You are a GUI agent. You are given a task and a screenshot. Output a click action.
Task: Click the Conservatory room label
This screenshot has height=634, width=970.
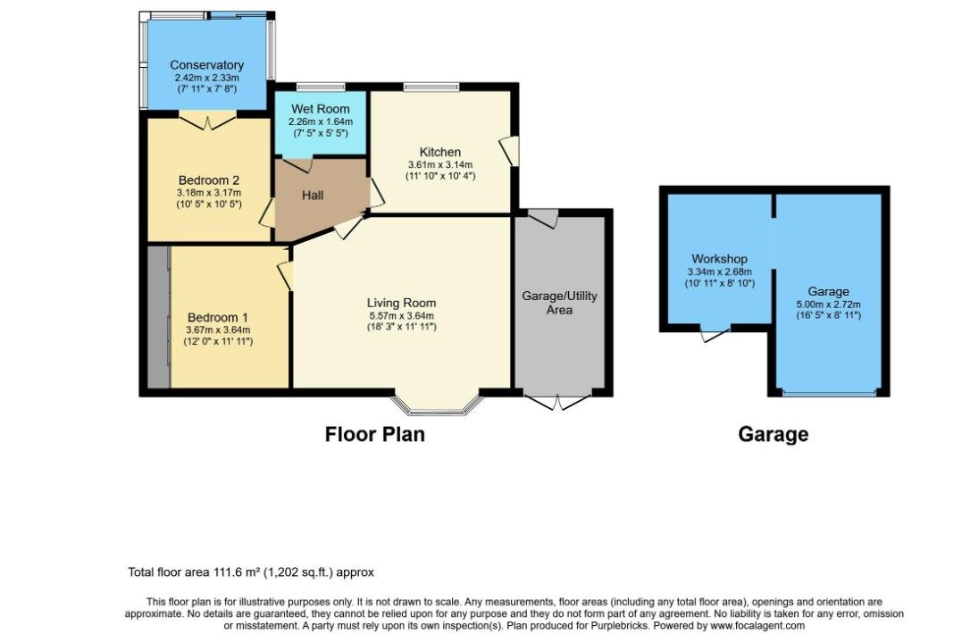tap(206, 65)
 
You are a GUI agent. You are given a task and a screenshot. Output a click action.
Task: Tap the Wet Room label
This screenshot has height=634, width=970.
tap(321, 109)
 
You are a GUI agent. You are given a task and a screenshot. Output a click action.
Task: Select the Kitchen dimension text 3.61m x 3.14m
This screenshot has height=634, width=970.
tap(440, 164)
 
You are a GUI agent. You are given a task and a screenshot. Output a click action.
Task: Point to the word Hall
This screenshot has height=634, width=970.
tap(313, 196)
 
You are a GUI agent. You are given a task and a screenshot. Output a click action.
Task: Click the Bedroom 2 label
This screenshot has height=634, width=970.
tap(209, 180)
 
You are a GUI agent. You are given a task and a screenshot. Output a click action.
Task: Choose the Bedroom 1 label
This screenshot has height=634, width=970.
tap(218, 318)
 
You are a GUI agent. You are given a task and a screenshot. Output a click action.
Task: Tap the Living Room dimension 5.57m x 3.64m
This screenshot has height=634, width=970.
tap(401, 315)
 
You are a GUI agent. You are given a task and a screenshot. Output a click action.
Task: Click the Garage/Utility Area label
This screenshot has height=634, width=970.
tap(559, 303)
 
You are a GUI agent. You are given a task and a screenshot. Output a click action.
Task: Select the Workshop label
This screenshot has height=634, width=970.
tap(719, 259)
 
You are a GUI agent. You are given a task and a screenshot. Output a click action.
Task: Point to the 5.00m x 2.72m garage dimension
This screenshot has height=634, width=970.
tap(828, 304)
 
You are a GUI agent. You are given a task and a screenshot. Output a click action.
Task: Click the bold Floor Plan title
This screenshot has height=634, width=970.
tap(375, 434)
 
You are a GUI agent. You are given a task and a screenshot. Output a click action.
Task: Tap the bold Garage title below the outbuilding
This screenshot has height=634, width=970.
tap(773, 434)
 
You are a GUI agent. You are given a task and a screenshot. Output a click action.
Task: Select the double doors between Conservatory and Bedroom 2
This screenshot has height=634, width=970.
tap(208, 121)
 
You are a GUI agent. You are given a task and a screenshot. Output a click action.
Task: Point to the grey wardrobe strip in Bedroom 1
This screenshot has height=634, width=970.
tap(159, 317)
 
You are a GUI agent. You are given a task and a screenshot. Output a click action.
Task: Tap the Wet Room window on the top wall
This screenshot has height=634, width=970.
tap(321, 87)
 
